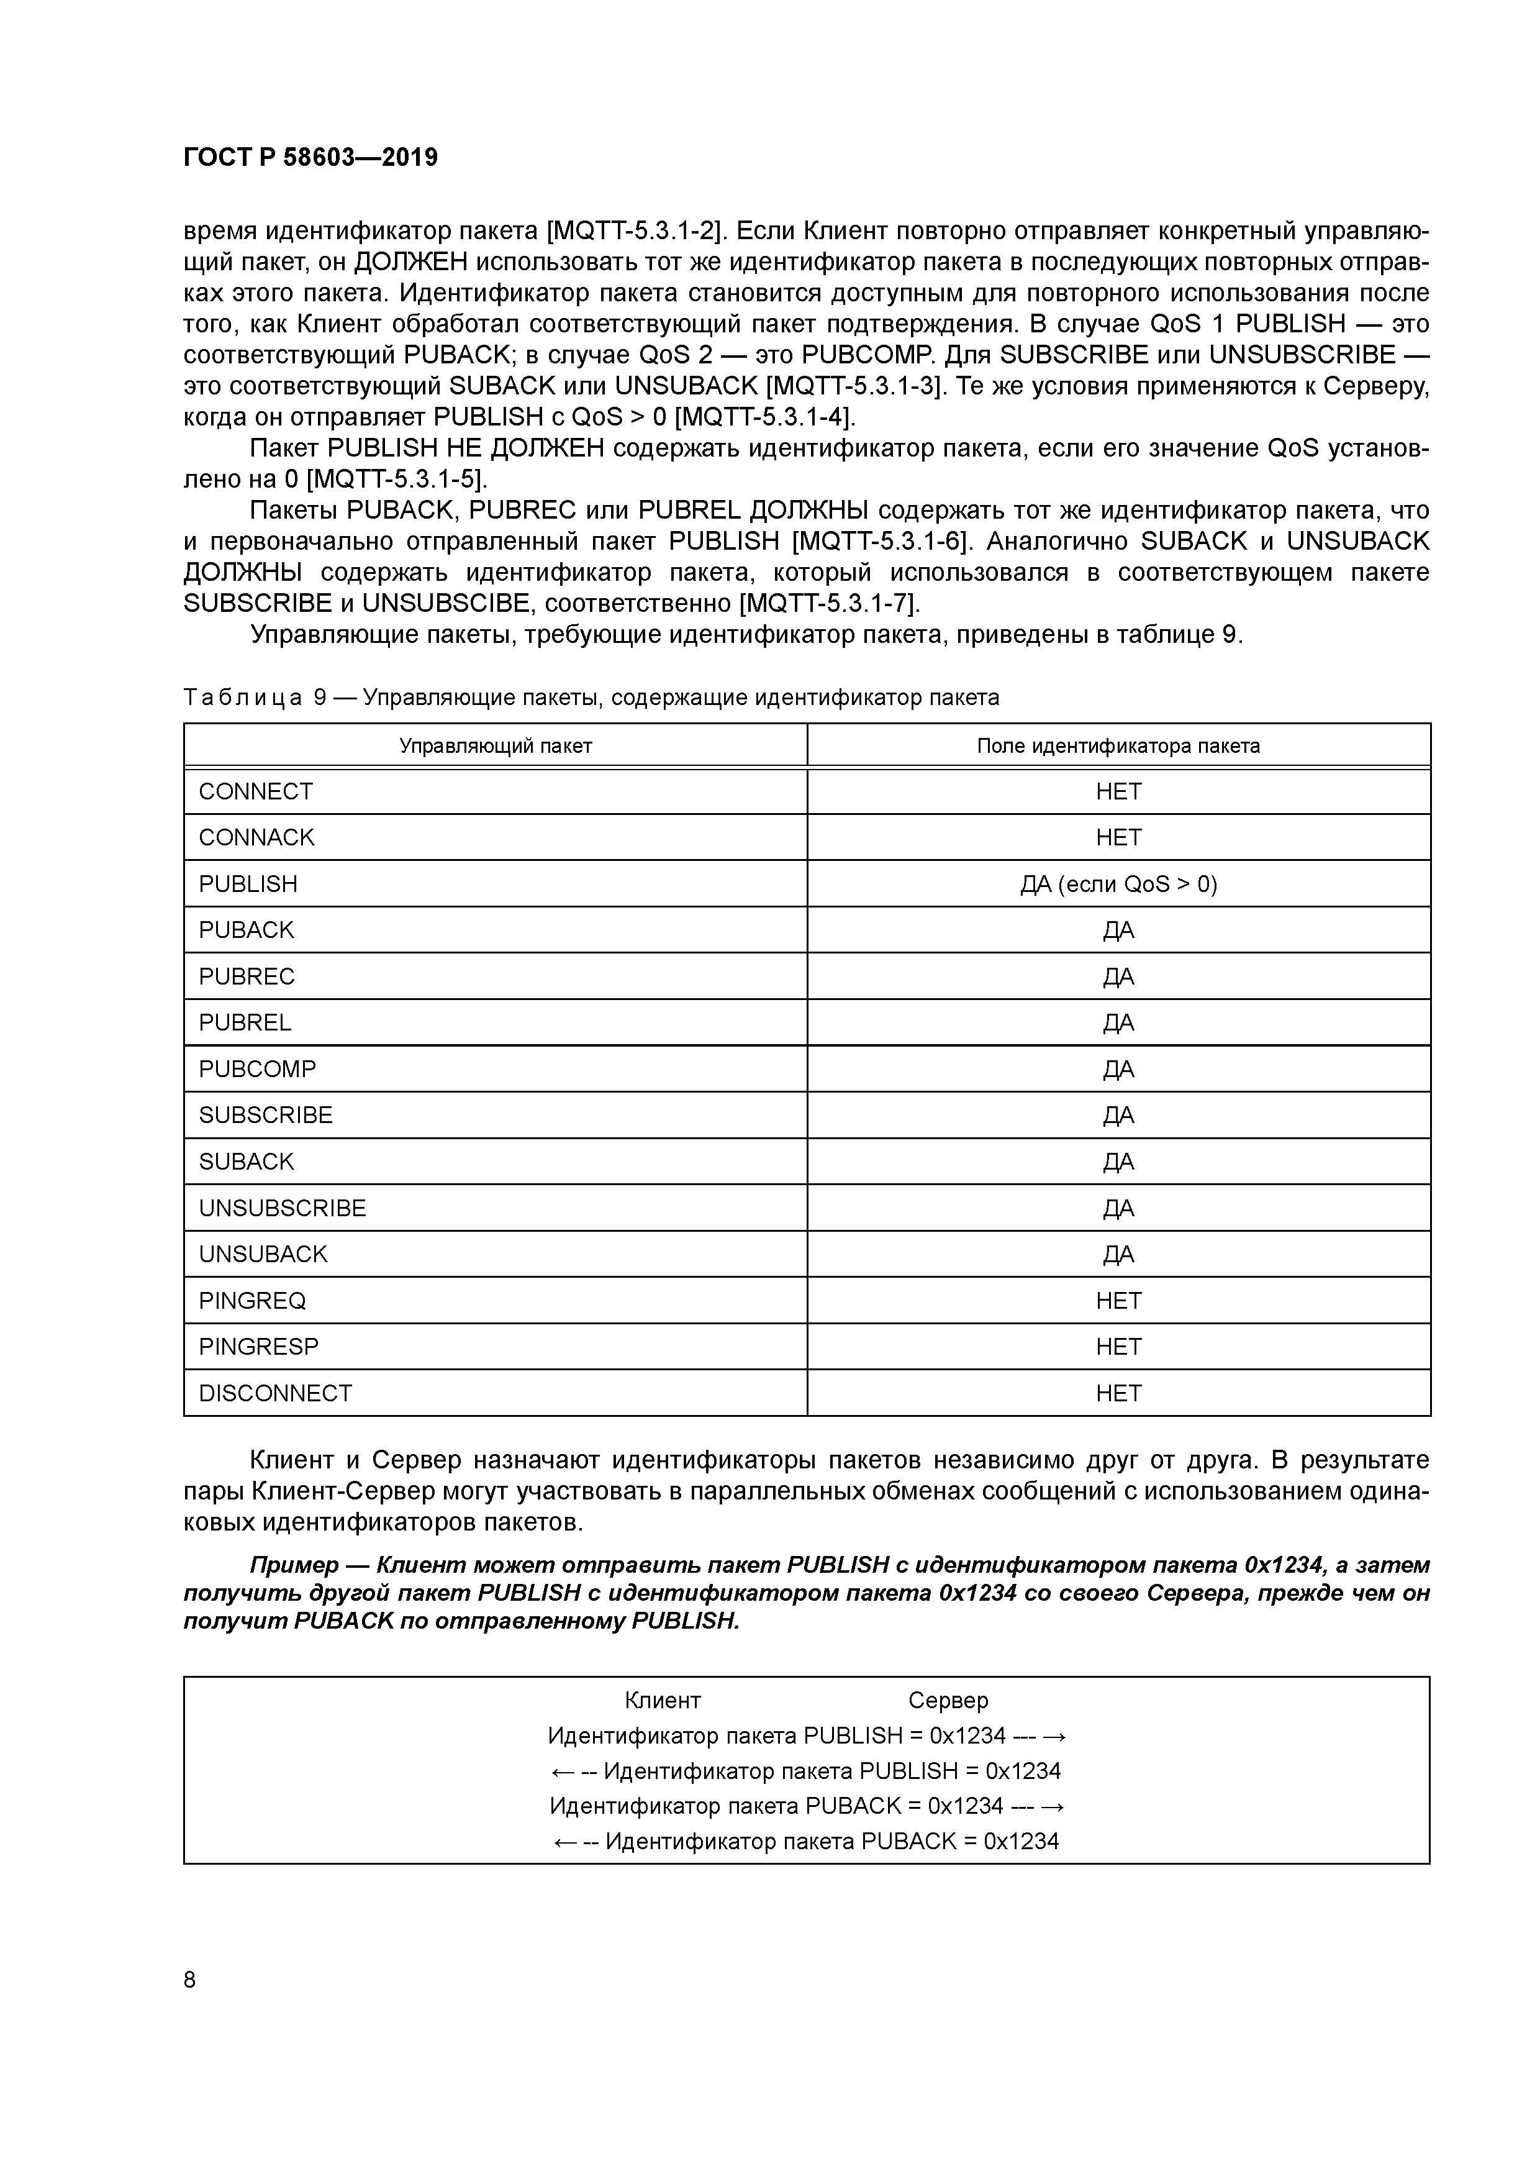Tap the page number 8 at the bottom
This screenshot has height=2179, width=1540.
click(x=190, y=1979)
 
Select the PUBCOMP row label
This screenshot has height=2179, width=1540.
click(x=257, y=1070)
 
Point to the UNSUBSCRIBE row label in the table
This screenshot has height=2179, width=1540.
click(x=282, y=1208)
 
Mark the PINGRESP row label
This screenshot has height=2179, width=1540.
click(x=258, y=1347)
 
